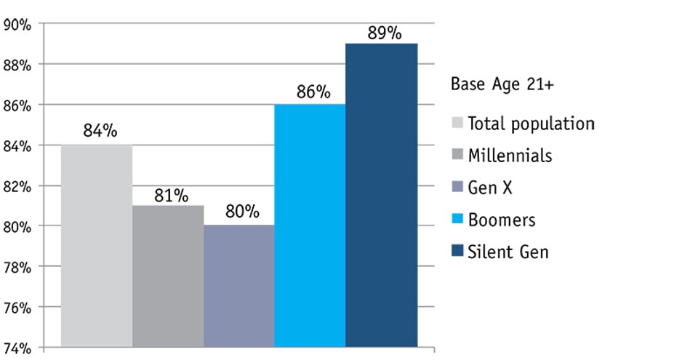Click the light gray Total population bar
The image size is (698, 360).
click(x=97, y=246)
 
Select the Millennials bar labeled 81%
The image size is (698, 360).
click(x=168, y=276)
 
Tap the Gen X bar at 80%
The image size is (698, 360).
click(x=239, y=286)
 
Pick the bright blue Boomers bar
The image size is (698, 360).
click(x=310, y=225)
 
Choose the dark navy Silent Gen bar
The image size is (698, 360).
click(x=381, y=195)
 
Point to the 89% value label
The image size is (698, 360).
click(x=384, y=33)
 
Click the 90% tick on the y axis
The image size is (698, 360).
click(x=17, y=25)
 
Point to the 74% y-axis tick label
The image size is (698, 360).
click(x=17, y=348)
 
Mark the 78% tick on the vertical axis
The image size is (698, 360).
click(x=17, y=267)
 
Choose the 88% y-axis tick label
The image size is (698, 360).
click(x=17, y=65)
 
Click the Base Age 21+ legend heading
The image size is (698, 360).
click(x=502, y=84)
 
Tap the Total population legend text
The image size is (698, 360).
click(x=531, y=124)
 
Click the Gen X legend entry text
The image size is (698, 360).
click(x=490, y=188)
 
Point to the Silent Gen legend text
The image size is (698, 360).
click(x=508, y=252)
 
